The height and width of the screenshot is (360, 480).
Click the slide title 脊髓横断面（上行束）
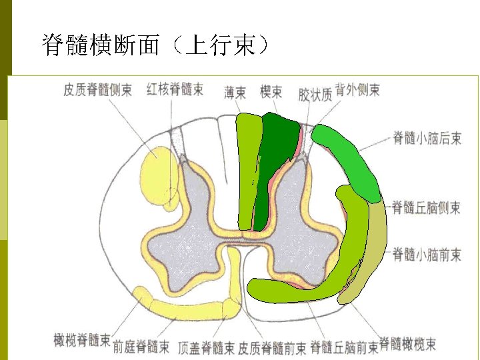156,45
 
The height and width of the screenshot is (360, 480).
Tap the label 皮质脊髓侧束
98,89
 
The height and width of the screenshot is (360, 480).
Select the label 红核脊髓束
175,89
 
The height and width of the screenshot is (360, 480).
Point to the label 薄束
235,92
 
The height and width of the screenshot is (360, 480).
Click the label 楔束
271,92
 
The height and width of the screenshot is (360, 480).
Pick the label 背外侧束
357,89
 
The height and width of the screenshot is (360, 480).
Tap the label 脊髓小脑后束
427,139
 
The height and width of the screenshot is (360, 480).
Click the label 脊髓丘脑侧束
427,207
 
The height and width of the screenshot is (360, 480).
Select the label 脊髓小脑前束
427,254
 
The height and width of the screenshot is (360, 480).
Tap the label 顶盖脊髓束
207,347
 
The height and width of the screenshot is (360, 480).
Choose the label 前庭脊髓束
141,347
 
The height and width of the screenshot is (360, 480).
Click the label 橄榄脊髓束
82,340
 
